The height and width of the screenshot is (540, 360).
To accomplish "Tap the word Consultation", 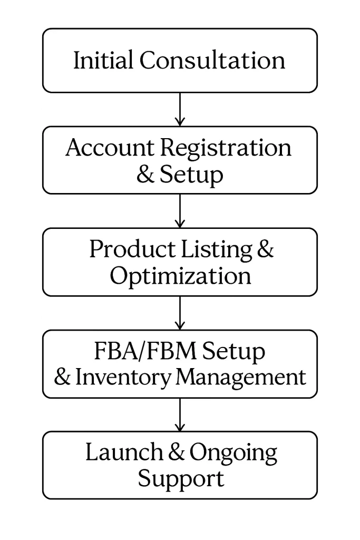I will click(212, 60).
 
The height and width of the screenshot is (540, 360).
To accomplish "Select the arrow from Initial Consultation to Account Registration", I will click(180, 109).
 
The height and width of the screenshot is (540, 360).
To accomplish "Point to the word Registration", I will click(226, 149).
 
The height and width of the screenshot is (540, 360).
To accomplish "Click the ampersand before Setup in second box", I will click(145, 175).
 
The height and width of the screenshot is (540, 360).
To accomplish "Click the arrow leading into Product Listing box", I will click(180, 211).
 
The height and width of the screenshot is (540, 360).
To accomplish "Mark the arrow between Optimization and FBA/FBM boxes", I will click(180, 313).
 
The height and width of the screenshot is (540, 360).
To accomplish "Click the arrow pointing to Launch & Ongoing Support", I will click(180, 414).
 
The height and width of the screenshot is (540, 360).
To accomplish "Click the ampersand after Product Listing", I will click(265, 249).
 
